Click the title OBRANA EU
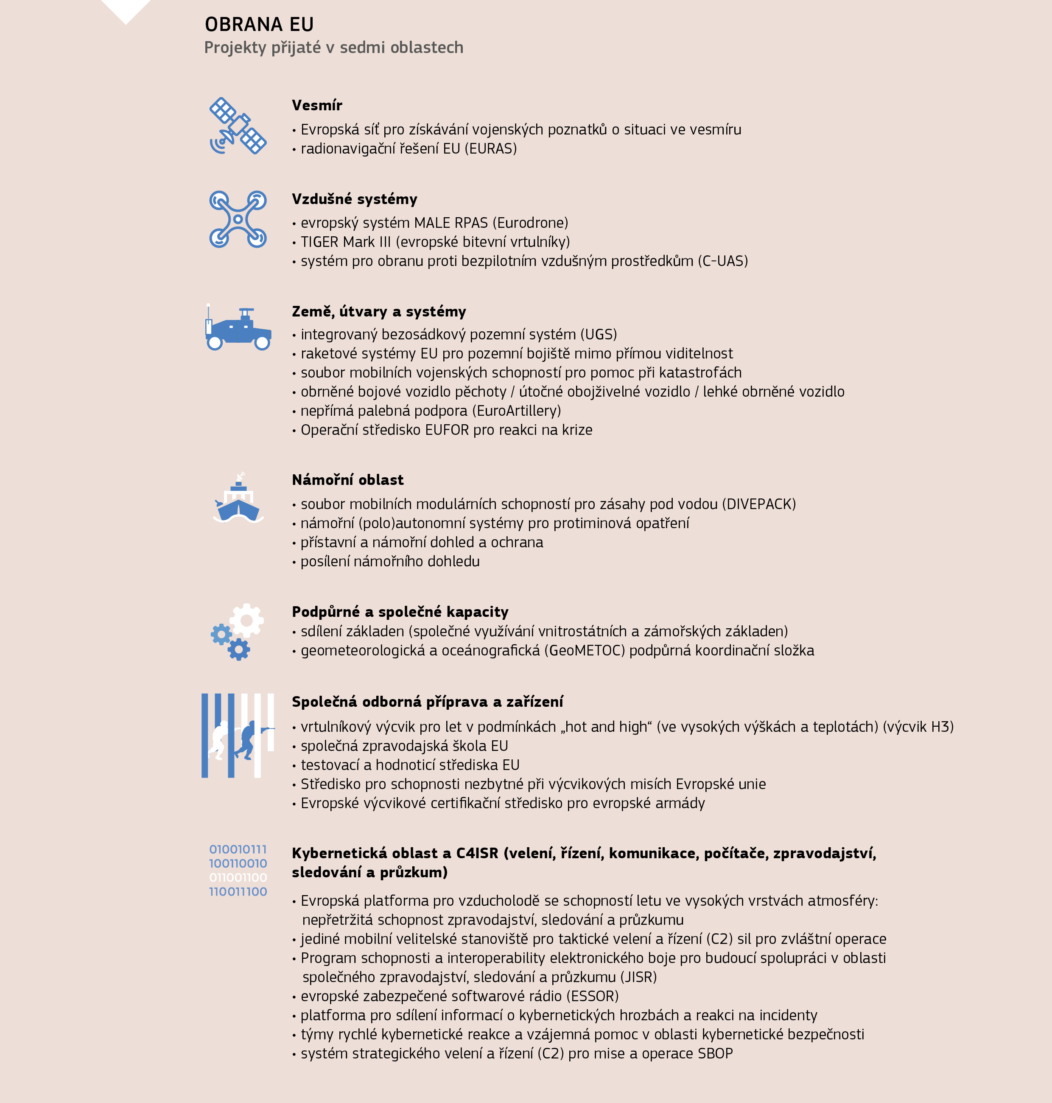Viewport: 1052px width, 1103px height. (x=259, y=25)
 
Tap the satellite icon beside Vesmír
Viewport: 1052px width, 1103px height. (x=238, y=126)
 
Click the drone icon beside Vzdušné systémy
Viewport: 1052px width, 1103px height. (x=238, y=219)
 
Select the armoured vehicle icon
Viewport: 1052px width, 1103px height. (x=239, y=329)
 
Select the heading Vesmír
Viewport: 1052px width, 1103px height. (x=317, y=106)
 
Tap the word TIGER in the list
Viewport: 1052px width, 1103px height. (x=319, y=242)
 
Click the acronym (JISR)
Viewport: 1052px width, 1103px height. (x=638, y=977)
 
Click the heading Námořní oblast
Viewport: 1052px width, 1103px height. (x=348, y=480)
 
